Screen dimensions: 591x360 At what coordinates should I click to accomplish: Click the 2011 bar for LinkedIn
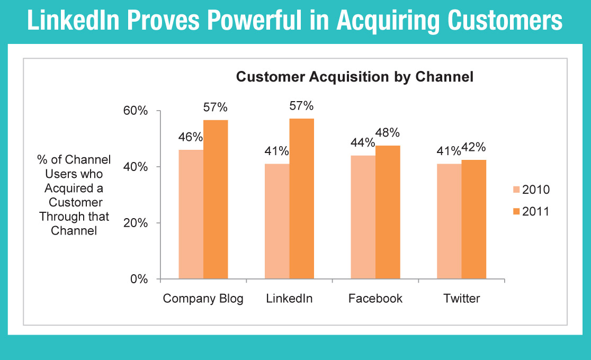click(x=301, y=199)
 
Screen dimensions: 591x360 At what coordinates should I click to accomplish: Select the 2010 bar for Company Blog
click(x=191, y=214)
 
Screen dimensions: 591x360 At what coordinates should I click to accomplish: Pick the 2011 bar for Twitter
click(x=474, y=219)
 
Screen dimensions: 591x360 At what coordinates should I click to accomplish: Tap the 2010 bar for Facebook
click(x=363, y=217)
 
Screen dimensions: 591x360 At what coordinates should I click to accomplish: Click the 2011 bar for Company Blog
click(x=216, y=200)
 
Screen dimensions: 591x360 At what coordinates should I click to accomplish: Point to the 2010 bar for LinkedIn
click(x=277, y=221)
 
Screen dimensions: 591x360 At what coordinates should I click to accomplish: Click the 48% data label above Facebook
click(x=388, y=133)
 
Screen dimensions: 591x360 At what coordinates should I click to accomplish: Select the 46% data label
click(x=191, y=137)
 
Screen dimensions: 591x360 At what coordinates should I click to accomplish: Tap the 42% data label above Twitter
click(x=473, y=147)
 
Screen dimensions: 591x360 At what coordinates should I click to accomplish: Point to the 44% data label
click(x=363, y=142)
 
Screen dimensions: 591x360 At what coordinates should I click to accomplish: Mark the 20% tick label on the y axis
click(x=136, y=223)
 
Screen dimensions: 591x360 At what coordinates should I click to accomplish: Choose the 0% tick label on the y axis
click(x=139, y=279)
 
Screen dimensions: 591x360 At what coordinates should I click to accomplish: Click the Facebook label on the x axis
click(x=375, y=299)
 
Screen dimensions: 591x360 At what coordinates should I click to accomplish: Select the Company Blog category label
click(x=203, y=299)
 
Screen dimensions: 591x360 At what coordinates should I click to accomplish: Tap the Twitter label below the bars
click(x=462, y=299)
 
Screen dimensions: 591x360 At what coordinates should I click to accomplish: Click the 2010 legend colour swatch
click(x=516, y=190)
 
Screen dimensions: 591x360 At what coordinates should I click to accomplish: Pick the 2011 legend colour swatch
click(x=516, y=211)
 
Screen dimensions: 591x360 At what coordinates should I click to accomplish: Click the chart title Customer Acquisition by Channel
click(x=355, y=77)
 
